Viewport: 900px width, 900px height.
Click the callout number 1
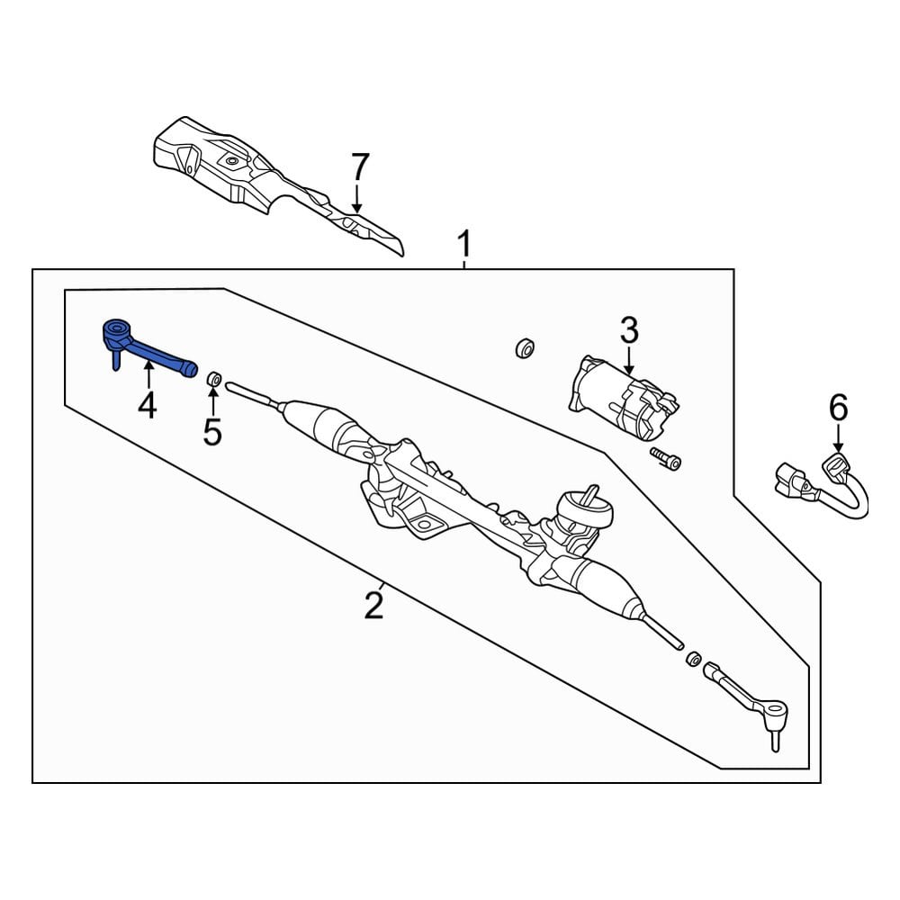[464, 245]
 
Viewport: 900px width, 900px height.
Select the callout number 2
[374, 605]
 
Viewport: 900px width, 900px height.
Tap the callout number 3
[629, 331]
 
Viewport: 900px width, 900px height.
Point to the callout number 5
[211, 432]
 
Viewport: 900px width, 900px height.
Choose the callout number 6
[838, 409]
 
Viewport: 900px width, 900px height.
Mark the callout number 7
[359, 167]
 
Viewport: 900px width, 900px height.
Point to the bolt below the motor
[665, 460]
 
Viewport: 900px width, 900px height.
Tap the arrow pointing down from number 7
[357, 200]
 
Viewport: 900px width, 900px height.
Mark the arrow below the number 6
[838, 441]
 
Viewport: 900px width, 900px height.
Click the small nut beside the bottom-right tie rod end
[693, 659]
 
